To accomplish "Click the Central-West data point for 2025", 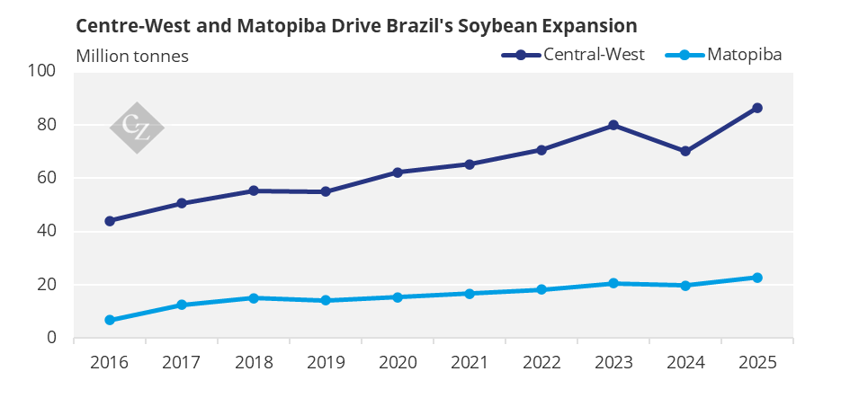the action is point(757,108).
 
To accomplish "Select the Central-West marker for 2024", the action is point(685,151).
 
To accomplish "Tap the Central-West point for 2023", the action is point(613,125).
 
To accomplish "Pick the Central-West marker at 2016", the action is point(110,221).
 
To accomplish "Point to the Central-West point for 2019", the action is point(326,191).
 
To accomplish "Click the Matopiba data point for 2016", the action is point(110,320).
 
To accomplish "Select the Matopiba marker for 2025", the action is point(757,278).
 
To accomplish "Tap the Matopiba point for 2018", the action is point(253,297).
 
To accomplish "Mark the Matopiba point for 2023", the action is point(613,283).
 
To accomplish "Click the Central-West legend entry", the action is point(573,55).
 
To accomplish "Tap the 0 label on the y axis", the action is point(51,337).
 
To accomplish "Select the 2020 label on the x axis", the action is point(398,362).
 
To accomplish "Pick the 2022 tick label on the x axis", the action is point(541,362).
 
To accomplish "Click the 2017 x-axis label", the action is point(181,362).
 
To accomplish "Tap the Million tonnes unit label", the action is point(132,56).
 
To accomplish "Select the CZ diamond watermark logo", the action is point(137,128).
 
